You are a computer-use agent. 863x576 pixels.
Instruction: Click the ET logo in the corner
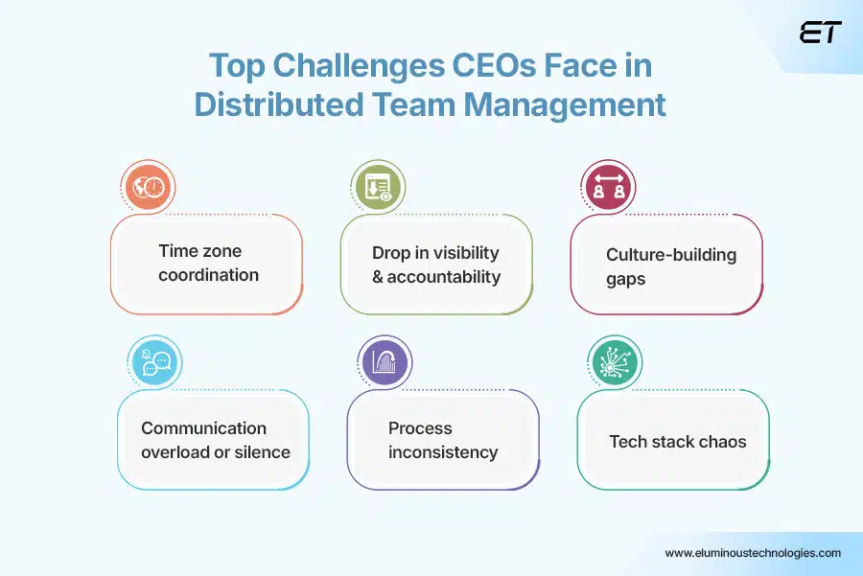click(x=819, y=33)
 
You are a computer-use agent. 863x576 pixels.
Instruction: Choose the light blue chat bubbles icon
click(x=155, y=363)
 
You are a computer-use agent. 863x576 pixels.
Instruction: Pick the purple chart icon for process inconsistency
click(x=384, y=363)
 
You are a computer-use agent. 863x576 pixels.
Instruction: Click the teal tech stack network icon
click(x=614, y=363)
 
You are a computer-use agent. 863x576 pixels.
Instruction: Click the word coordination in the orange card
click(x=208, y=275)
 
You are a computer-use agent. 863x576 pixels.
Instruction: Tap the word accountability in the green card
click(x=444, y=277)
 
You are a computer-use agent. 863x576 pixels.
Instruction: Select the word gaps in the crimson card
click(x=625, y=279)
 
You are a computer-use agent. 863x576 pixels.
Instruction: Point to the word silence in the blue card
click(x=260, y=452)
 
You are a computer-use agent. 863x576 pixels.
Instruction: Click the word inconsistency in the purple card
click(x=443, y=452)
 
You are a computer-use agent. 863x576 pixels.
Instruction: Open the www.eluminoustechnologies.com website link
click(x=753, y=553)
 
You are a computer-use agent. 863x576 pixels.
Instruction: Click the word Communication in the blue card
click(x=203, y=428)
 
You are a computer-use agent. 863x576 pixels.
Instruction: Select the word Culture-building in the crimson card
click(x=671, y=255)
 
